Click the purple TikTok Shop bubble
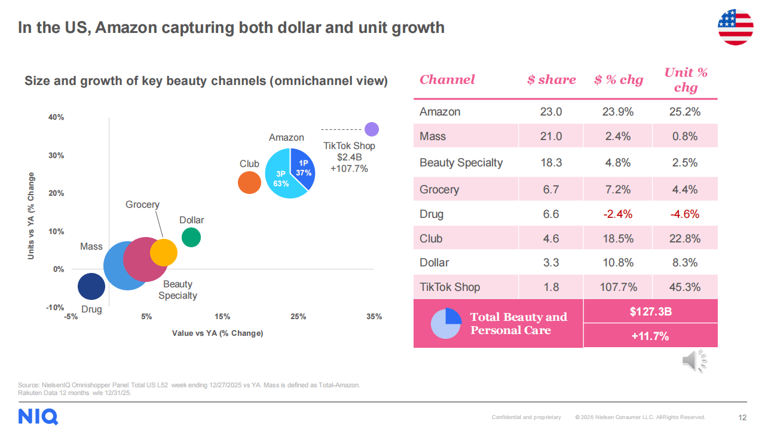pos(372,129)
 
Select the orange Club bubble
pos(249,183)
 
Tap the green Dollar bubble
pos(191,237)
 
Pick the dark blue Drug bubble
pos(91,286)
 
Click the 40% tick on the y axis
pos(56,117)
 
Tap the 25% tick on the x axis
pos(298,317)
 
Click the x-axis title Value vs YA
pos(218,333)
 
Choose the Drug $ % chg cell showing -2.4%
pos(617,214)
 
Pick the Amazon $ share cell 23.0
pos(550,112)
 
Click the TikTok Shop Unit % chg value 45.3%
pos(685,287)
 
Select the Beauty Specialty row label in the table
pos(461,163)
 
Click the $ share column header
pos(551,80)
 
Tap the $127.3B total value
pos(650,312)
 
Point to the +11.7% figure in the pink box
pos(650,336)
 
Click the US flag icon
pos(735,27)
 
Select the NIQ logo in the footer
pos(38,416)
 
